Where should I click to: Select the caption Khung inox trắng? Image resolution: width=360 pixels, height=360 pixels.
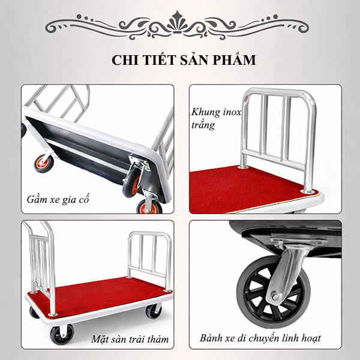(x=213, y=118)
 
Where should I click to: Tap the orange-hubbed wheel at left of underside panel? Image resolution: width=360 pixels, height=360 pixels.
(x=43, y=163)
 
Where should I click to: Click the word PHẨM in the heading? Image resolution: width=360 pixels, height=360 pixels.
(x=235, y=61)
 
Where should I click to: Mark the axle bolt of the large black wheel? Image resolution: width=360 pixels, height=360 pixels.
(x=274, y=297)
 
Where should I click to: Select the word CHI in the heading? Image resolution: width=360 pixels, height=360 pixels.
(x=125, y=61)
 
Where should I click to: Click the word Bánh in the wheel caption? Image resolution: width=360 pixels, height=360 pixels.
(x=211, y=338)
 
